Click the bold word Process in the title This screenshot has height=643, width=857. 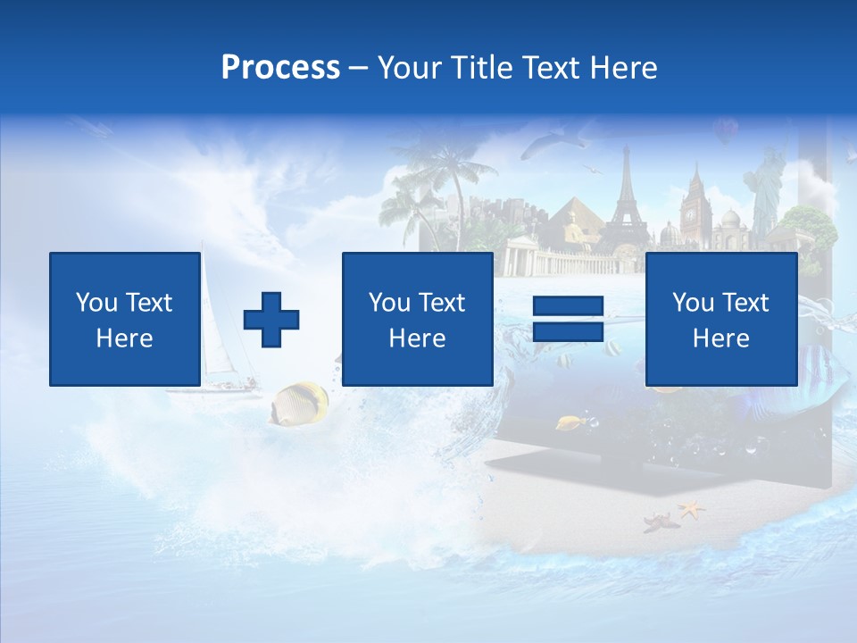pyautogui.click(x=280, y=67)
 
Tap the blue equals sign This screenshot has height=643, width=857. pyautogui.click(x=568, y=320)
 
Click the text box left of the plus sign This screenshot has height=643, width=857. pyautogui.click(x=124, y=319)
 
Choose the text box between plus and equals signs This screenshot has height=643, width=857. pyautogui.click(x=417, y=319)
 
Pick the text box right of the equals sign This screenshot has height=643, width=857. pyautogui.click(x=720, y=319)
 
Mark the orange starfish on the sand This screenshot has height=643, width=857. pyautogui.click(x=690, y=510)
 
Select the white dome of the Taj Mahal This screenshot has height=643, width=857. pyautogui.click(x=730, y=220)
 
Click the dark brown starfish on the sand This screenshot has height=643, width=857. pyautogui.click(x=661, y=521)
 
